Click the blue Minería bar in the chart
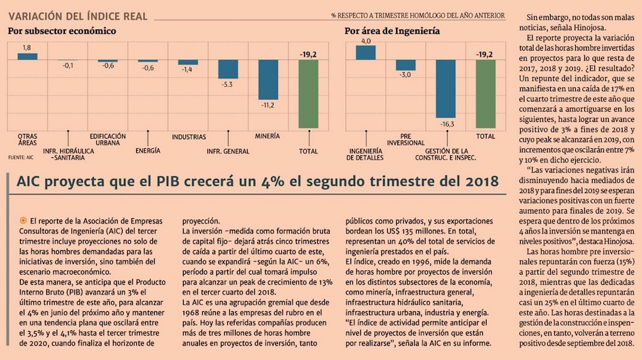[x=268, y=80]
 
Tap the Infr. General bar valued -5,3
[x=229, y=69]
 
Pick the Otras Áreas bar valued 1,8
[x=27, y=56]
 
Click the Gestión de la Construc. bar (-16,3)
[x=446, y=89]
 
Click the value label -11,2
[x=268, y=105]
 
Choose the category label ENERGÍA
[x=148, y=151]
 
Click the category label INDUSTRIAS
[x=189, y=137]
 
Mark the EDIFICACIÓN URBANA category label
[x=108, y=140]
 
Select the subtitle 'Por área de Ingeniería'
[x=392, y=31]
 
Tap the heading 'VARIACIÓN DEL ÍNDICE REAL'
[x=78, y=15]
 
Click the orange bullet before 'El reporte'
[x=24, y=220]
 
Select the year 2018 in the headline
[x=474, y=182]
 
